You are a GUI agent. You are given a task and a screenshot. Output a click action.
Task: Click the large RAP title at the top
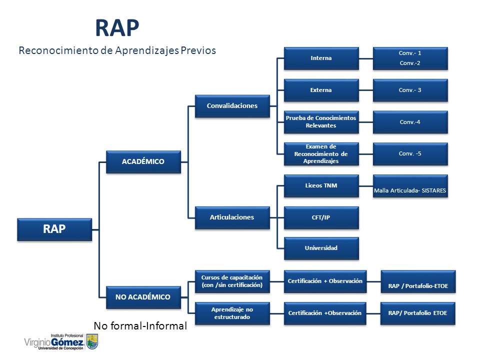click(117, 28)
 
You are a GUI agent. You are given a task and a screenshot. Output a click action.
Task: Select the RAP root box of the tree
click(54, 229)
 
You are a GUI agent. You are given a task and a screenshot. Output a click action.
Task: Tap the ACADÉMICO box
click(143, 161)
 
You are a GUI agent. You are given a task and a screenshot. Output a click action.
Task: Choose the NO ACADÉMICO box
click(143, 297)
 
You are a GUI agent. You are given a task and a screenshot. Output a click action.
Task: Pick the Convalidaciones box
click(232, 106)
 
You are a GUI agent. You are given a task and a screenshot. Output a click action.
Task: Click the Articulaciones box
click(232, 217)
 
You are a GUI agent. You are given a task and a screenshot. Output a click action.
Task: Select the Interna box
click(321, 58)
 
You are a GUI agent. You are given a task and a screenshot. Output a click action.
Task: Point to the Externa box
click(321, 90)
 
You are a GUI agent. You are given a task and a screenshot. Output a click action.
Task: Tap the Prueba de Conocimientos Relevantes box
click(321, 122)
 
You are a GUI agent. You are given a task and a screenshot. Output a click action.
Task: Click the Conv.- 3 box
click(410, 90)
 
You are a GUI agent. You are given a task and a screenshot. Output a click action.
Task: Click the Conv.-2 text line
click(410, 63)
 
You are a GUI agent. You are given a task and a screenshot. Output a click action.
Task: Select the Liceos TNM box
click(321, 186)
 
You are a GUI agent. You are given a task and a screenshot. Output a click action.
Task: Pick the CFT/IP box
click(321, 217)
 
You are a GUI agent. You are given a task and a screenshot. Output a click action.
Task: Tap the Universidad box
click(321, 248)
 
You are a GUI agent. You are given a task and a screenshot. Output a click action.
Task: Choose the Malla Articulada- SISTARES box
click(410, 186)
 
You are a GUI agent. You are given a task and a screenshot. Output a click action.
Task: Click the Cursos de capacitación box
click(232, 281)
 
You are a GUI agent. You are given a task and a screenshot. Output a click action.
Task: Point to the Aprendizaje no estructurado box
click(232, 313)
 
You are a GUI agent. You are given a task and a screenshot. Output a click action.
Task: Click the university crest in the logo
click(92, 341)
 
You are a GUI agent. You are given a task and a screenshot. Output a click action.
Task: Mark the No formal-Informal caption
click(140, 325)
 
